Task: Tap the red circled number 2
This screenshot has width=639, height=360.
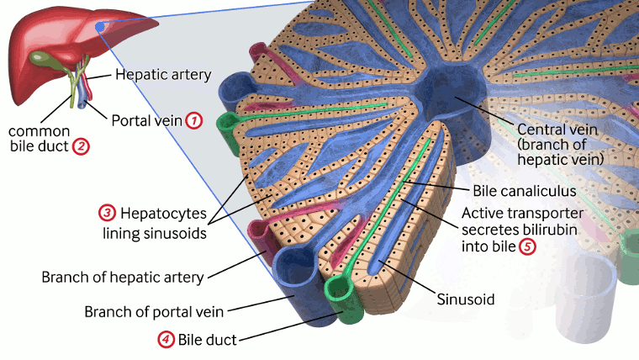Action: pyautogui.click(x=82, y=146)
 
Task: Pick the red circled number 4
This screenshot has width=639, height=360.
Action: pyautogui.click(x=166, y=340)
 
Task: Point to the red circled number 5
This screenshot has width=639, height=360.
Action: pyautogui.click(x=527, y=246)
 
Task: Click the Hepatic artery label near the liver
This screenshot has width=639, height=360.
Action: pyautogui.click(x=163, y=75)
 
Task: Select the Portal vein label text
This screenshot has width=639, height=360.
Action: pyautogui.click(x=146, y=120)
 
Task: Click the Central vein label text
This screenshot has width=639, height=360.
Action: pyautogui.click(x=557, y=130)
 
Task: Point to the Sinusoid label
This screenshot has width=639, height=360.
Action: pyautogui.click(x=465, y=299)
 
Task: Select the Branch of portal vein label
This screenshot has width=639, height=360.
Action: pyautogui.click(x=153, y=311)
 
